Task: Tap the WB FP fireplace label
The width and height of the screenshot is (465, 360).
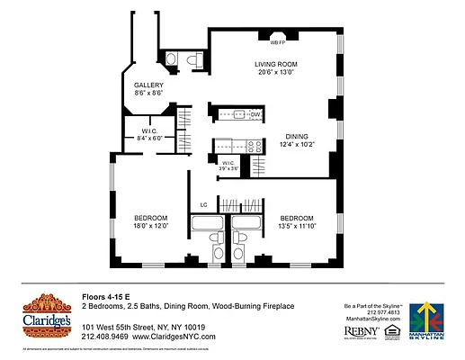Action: [x=277, y=41]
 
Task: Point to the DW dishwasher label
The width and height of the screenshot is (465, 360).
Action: [x=255, y=114]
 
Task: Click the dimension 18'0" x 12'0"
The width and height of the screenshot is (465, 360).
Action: [x=151, y=228]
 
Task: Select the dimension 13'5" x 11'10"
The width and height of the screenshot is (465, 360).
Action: [x=296, y=228]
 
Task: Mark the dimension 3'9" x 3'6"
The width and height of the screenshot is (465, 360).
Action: [x=230, y=168]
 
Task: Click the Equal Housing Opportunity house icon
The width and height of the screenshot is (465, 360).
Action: [x=390, y=332]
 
